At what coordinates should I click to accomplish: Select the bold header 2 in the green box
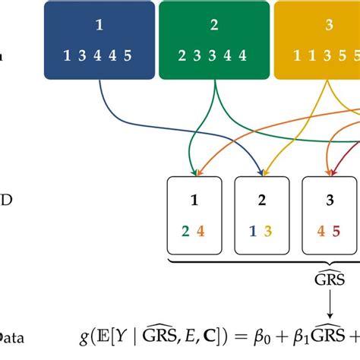(214, 24)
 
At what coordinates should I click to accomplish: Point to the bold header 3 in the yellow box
(328, 24)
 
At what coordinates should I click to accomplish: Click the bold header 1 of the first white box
(194, 201)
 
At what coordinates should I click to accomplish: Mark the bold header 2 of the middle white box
(261, 201)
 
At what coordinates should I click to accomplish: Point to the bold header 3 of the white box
(330, 201)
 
